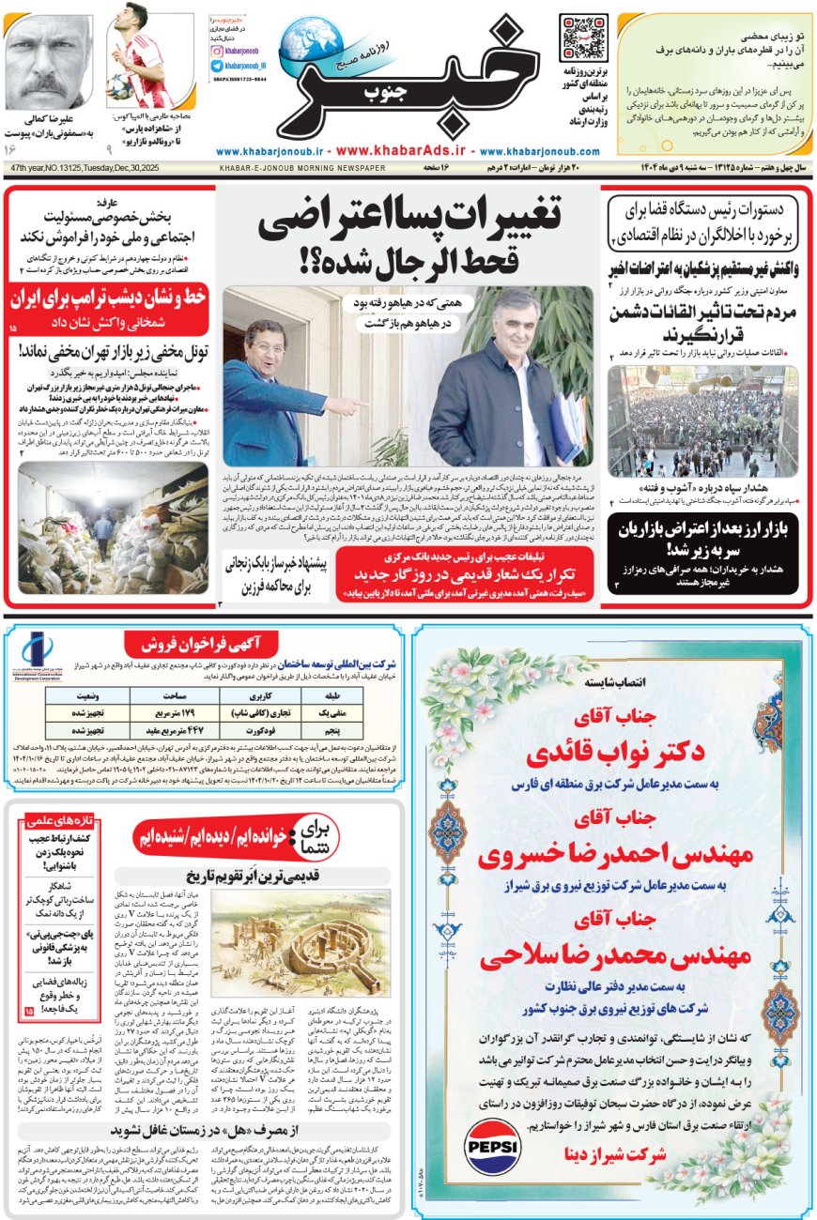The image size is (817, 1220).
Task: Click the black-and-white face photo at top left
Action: coord(47,61)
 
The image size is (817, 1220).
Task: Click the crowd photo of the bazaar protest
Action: coord(689,421)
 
